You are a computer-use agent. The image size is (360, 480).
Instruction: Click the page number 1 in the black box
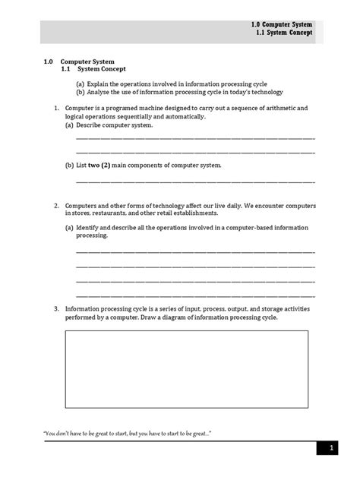tap(332, 450)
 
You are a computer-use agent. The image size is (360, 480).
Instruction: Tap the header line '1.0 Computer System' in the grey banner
tap(281, 24)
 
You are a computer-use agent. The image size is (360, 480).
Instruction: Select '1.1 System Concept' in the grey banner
tap(283, 34)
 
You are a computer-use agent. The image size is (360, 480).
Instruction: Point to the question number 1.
tap(57, 109)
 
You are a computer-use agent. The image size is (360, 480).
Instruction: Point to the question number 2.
tap(57, 207)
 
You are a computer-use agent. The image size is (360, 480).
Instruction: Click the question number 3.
tap(57, 309)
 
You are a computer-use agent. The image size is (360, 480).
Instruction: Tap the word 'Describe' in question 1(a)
tap(93, 125)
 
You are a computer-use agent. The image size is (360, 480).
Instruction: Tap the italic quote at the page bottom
tap(127, 434)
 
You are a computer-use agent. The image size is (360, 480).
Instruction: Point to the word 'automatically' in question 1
tap(185, 116)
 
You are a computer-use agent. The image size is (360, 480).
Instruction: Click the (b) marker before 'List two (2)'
tap(69, 165)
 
